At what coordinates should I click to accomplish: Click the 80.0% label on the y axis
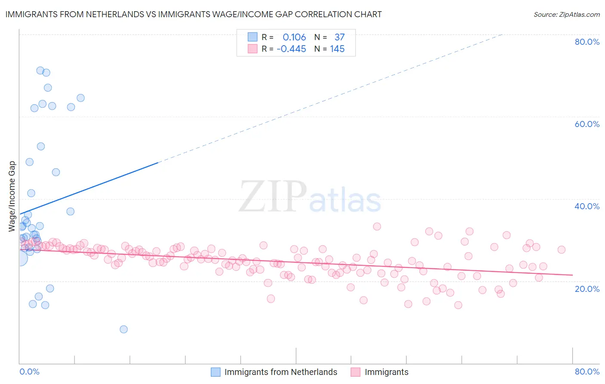tap(587, 42)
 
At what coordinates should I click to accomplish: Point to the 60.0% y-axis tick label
tap(587, 124)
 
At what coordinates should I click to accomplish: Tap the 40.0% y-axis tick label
tap(587, 206)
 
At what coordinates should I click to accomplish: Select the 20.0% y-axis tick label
tap(587, 288)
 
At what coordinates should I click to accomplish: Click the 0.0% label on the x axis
tap(29, 372)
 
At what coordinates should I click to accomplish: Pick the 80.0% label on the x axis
tap(587, 372)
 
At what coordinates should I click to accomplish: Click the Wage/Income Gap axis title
tap(12, 196)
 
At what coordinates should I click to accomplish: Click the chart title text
tap(193, 14)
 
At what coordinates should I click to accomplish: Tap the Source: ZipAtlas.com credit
tap(566, 15)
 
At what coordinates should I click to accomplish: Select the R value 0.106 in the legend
tap(294, 37)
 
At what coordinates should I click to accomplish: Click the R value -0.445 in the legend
tap(291, 49)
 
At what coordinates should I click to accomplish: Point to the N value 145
tap(337, 49)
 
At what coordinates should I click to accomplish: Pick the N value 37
tap(340, 37)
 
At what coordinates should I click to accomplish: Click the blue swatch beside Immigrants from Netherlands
tap(216, 372)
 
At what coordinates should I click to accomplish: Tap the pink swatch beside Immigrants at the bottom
tap(355, 372)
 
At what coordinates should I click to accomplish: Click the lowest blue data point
tap(123, 329)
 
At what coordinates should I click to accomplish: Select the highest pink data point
tap(377, 226)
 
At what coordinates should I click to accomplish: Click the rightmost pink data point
tap(561, 250)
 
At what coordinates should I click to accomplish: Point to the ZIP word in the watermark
tap(273, 197)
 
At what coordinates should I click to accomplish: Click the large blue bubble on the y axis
tap(20, 258)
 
